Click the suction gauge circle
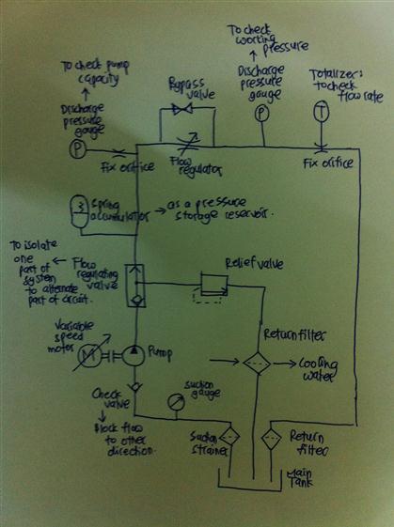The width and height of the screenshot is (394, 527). pyautogui.click(x=174, y=401)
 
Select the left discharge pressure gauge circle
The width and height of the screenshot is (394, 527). pyautogui.click(x=81, y=150)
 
